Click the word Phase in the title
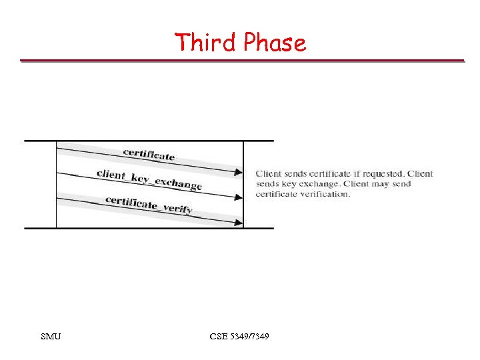coord(274,43)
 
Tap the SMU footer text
coord(50,337)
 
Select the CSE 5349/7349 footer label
coord(239,337)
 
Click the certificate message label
coord(149,155)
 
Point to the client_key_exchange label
coord(149,179)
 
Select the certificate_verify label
coord(149,204)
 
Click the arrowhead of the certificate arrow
coord(239,173)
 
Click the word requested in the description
coord(378,174)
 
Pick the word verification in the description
coord(327,194)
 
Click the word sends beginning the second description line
coord(266,184)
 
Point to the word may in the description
coord(378,184)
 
